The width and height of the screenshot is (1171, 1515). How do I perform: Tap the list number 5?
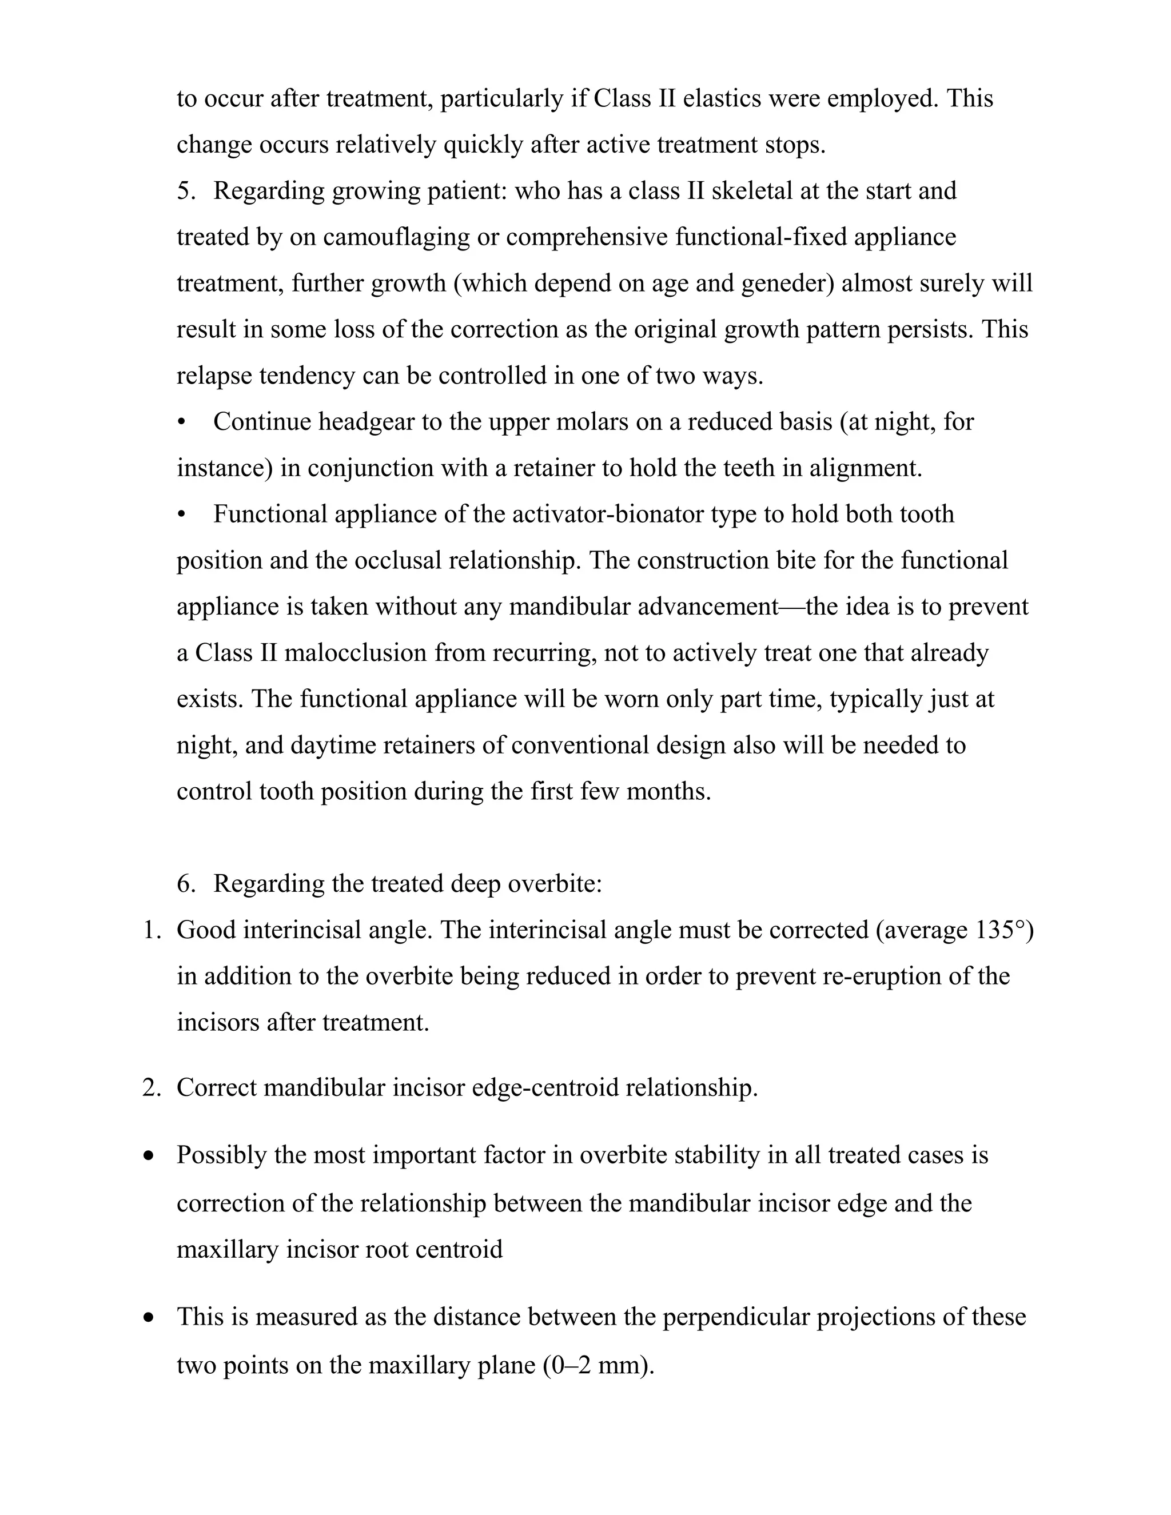pos(186,192)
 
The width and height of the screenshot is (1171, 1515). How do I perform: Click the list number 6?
pos(186,884)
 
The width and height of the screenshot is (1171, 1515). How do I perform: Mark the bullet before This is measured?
pos(149,1317)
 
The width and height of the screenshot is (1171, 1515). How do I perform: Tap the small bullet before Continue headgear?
pos(182,422)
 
